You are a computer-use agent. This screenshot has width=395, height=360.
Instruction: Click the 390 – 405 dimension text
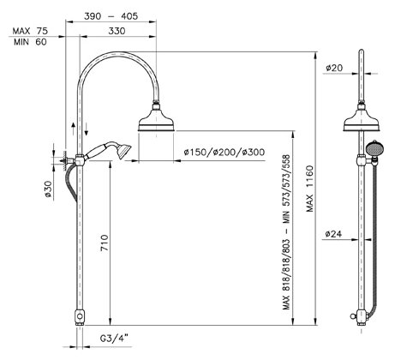point(111,16)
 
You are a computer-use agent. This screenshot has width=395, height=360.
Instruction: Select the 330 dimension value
point(117,31)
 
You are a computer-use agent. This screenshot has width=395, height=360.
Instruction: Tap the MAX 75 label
point(30,31)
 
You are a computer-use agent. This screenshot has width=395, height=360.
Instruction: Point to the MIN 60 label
point(30,42)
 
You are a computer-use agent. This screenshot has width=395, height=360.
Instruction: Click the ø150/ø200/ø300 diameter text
point(224,152)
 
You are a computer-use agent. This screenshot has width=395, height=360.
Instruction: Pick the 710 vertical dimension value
point(105,243)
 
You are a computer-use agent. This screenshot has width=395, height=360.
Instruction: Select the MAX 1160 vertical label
point(310,189)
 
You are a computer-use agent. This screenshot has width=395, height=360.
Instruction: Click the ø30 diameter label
point(48,189)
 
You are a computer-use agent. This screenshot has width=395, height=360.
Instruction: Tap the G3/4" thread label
point(114,339)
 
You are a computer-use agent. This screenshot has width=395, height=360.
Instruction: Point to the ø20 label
point(334,68)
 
